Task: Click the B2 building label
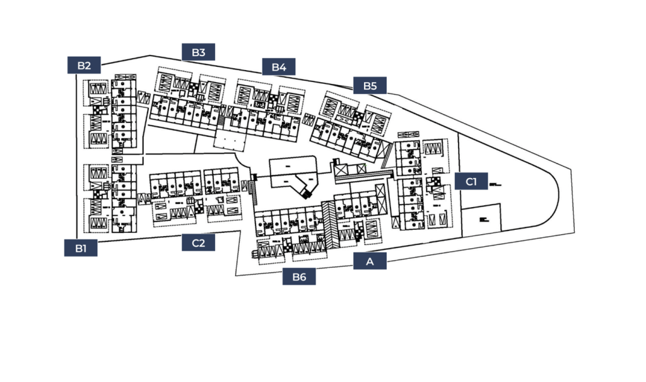point(85,65)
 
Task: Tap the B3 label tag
point(199,52)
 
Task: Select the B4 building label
point(279,66)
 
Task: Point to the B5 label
point(370,85)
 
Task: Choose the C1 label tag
point(471,182)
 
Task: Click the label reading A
point(369,261)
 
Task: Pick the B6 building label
point(299,277)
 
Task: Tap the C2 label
point(199,242)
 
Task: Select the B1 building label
point(81,248)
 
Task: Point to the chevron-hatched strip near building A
point(329,224)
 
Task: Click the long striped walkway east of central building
point(366,174)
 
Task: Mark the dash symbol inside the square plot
point(484,219)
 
